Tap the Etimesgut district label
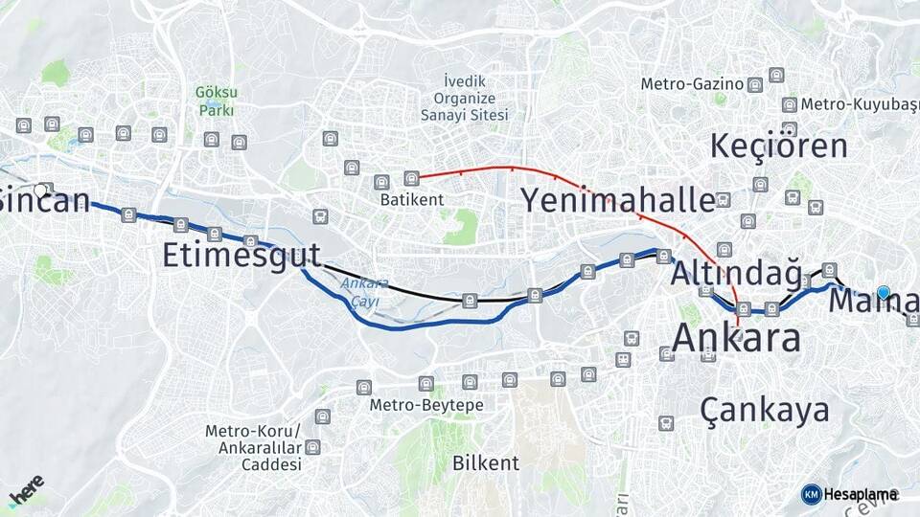coord(241,256)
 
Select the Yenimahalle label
coord(618,200)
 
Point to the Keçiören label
coord(778,146)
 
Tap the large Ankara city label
coord(736,338)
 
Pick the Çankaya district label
coord(764,410)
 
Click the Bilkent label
coord(486,463)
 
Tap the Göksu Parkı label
coord(217,101)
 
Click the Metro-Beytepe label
coord(426,405)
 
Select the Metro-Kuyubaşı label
coord(858,104)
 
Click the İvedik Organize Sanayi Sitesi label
coord(471,98)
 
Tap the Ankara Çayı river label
coord(364,292)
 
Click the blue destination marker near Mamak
coord(883,293)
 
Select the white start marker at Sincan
coord(40,190)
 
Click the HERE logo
coord(26,491)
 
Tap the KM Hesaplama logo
coord(850,494)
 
